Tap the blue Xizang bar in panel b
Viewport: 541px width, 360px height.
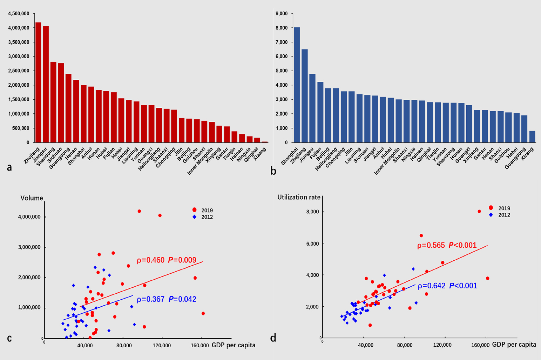(x=532, y=136)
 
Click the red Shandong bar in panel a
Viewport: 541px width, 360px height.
(x=53, y=102)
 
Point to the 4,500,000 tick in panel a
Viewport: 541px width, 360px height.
(x=19, y=14)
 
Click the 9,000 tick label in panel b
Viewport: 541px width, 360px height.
(x=282, y=14)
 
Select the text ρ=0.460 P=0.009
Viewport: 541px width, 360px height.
(x=166, y=260)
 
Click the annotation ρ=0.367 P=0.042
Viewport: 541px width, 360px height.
(x=166, y=299)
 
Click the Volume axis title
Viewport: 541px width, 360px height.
(x=32, y=198)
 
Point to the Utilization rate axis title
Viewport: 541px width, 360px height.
(x=299, y=197)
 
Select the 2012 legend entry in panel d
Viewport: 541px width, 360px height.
(x=500, y=215)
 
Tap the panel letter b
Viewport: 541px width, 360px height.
(x=273, y=171)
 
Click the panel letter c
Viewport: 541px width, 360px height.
(x=9, y=338)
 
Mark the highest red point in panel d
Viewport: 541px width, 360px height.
(x=479, y=211)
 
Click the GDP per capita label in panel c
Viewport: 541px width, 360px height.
(x=234, y=345)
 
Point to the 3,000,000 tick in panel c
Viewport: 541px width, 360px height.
(x=29, y=247)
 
